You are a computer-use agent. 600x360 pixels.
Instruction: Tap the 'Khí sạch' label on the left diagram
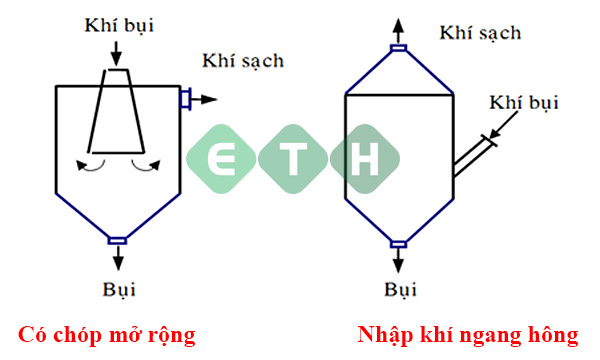click(243, 60)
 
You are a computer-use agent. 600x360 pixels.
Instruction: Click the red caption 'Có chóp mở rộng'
click(106, 333)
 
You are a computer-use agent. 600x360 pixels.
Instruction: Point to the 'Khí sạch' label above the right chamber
click(480, 32)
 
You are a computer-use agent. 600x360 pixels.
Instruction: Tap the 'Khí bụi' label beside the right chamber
click(524, 104)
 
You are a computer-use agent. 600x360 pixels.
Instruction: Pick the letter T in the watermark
click(289, 159)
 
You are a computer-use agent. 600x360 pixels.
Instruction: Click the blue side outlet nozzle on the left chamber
click(185, 98)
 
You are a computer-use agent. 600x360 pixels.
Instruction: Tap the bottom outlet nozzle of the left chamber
click(118, 239)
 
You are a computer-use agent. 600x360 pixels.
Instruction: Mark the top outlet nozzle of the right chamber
click(398, 47)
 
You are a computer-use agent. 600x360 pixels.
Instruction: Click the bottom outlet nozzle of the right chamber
click(398, 243)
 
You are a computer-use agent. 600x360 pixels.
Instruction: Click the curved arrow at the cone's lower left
click(92, 166)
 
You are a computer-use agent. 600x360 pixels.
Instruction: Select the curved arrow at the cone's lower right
click(146, 166)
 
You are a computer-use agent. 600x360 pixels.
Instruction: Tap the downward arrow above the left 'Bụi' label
click(118, 257)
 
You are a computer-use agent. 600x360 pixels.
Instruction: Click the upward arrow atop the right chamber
click(398, 28)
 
